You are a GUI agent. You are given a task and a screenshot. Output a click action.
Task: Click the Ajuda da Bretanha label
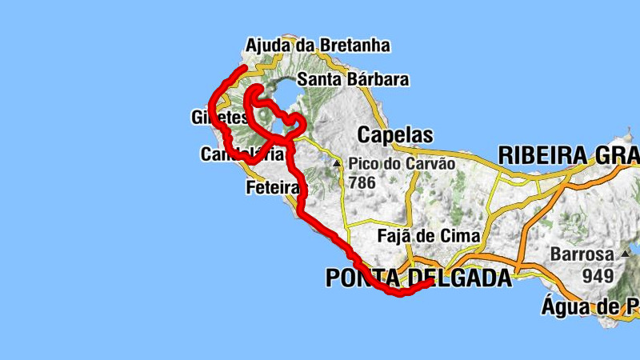(318, 46)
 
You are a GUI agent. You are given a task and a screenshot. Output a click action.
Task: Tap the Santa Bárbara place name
(353, 79)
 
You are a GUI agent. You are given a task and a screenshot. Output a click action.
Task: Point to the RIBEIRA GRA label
(568, 154)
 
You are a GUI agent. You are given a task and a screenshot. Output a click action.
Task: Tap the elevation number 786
(362, 182)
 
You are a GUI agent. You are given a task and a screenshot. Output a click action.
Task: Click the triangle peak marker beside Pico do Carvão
(338, 164)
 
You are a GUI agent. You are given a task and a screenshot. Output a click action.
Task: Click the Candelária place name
(241, 154)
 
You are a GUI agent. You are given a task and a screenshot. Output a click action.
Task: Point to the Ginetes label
(220, 118)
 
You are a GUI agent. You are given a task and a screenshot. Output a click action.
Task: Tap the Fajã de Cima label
(428, 236)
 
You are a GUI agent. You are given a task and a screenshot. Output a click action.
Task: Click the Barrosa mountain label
(582, 255)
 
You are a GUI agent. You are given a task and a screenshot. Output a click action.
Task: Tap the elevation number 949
(597, 276)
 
